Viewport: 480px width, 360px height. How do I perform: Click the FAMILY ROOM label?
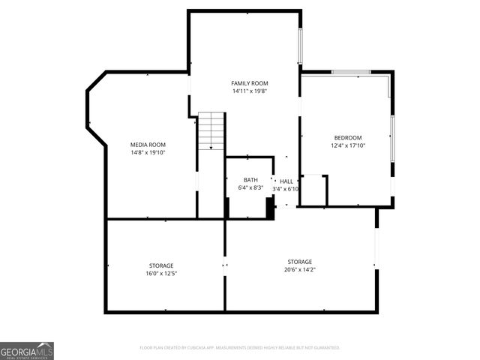point(250,83)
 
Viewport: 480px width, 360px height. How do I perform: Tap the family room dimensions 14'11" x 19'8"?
point(250,91)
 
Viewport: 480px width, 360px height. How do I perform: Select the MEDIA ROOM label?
point(148,145)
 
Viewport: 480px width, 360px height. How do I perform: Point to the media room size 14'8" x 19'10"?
point(148,153)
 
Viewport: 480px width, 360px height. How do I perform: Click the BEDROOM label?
point(348,137)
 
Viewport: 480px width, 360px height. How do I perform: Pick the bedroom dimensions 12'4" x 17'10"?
point(348,145)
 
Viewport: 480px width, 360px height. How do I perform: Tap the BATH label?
point(250,180)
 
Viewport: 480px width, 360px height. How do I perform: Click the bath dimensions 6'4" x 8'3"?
point(250,188)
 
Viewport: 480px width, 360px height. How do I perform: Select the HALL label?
point(286,181)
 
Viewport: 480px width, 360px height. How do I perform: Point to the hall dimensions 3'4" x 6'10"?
point(286,189)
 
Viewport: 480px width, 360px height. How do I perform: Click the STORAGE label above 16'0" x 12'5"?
point(161,265)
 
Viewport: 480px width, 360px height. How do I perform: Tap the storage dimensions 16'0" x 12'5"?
point(161,274)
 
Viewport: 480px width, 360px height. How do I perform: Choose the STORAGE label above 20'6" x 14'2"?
point(299,262)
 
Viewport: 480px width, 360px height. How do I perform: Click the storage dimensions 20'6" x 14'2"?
point(299,270)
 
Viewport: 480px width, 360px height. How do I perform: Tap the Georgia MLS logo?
point(27,350)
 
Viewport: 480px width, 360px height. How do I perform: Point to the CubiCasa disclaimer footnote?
point(240,348)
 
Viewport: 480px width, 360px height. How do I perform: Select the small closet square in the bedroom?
point(313,190)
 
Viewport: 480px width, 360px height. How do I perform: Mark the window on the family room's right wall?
point(301,46)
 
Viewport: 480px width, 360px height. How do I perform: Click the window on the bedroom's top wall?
point(351,73)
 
